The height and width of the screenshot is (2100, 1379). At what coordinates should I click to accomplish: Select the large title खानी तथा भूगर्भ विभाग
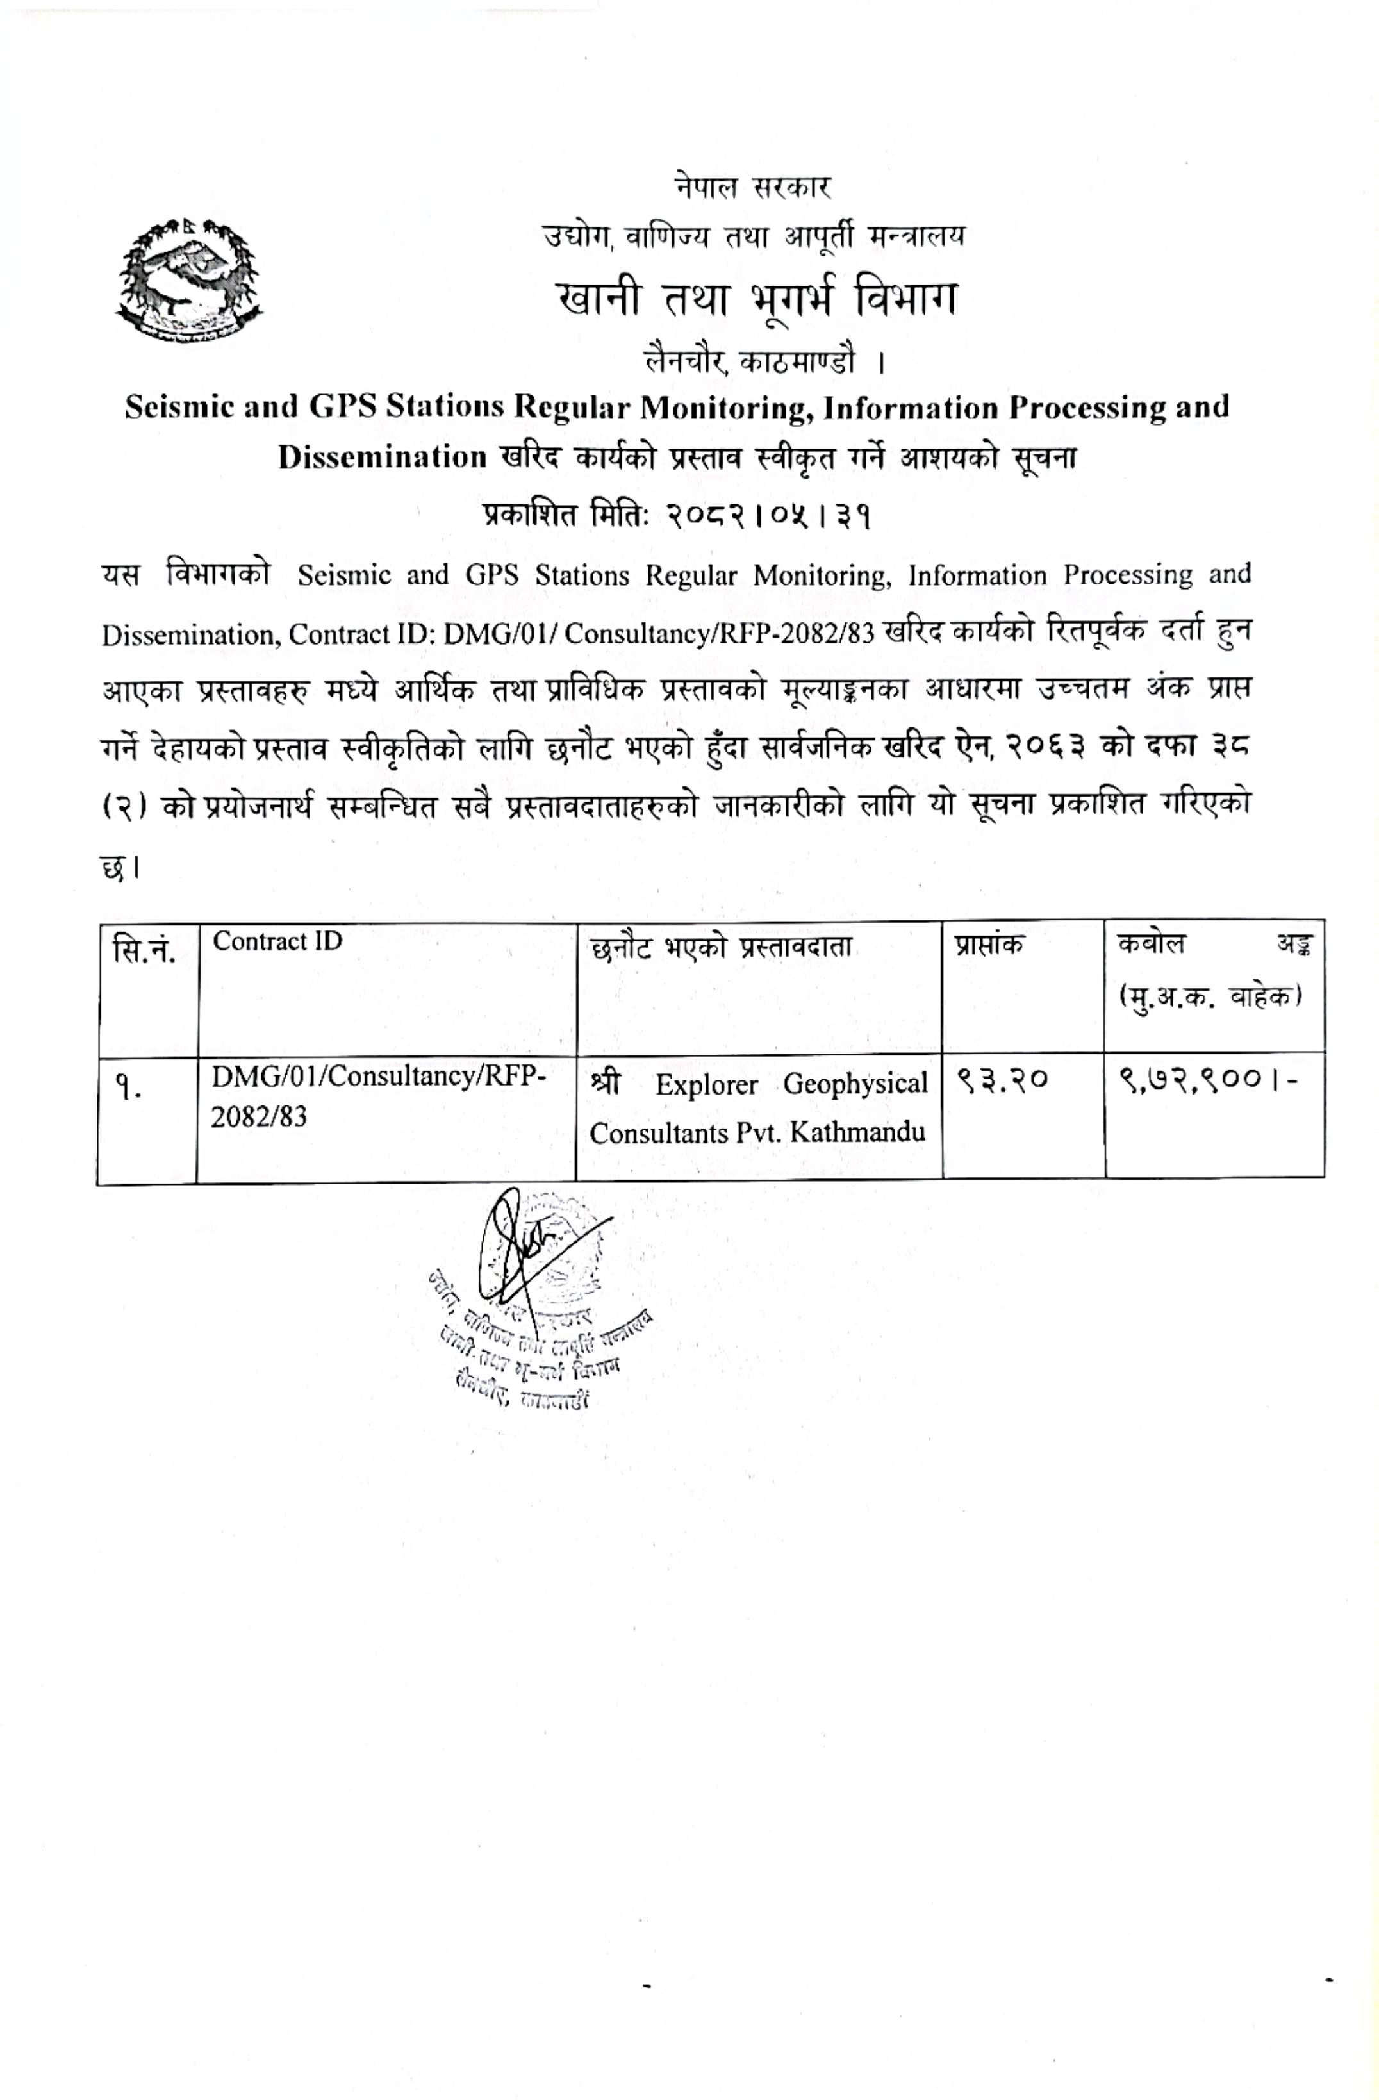(756, 300)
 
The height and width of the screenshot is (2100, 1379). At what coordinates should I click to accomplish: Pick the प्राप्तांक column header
(989, 944)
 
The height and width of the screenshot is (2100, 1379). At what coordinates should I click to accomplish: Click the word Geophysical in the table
(855, 1084)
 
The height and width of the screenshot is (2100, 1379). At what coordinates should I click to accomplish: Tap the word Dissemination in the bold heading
(382, 457)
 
